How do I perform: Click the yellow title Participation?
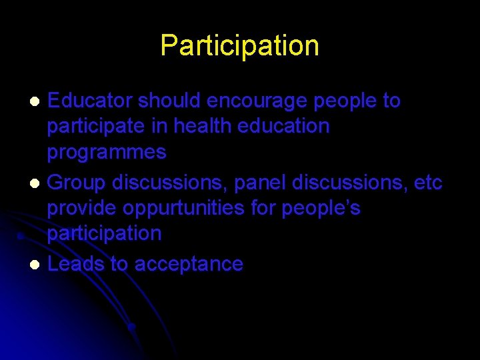[x=239, y=45]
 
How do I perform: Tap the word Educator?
[x=91, y=101]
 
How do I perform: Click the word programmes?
[x=106, y=152]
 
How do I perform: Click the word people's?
[x=321, y=208]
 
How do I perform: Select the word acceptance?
[x=189, y=264]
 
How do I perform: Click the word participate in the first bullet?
[x=95, y=127]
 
